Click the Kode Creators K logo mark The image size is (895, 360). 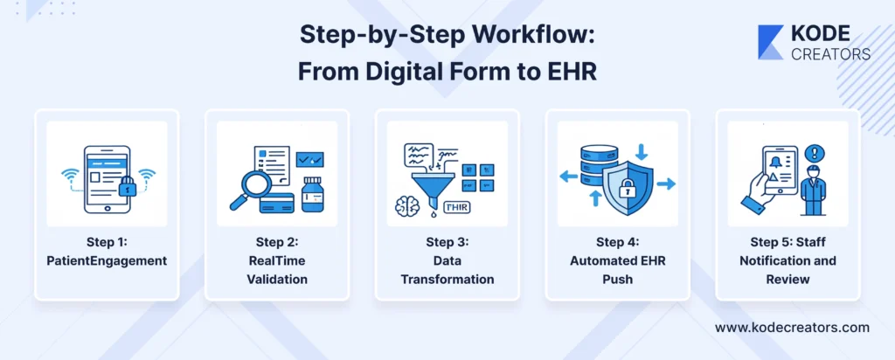click(x=770, y=42)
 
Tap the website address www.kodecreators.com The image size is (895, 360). click(x=792, y=328)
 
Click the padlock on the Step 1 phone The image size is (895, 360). click(x=128, y=185)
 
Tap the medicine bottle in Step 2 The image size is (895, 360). click(x=313, y=194)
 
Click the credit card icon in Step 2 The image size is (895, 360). click(x=277, y=203)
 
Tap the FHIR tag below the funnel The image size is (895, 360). click(x=456, y=207)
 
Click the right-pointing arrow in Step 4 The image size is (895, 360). click(x=666, y=183)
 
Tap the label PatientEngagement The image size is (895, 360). click(x=107, y=260)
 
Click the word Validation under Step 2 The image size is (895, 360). click(x=277, y=280)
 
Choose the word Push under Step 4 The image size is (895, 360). click(x=618, y=280)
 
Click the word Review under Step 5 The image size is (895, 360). click(x=787, y=280)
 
